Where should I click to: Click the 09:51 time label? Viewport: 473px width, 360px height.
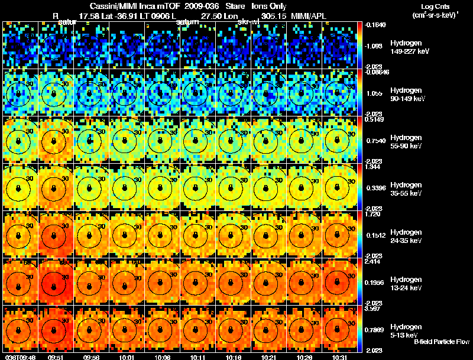[x=56, y=357]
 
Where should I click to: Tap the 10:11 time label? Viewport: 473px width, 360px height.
[x=198, y=357]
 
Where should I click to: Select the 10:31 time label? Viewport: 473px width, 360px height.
[x=340, y=357]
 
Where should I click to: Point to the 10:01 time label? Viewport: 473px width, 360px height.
[x=127, y=357]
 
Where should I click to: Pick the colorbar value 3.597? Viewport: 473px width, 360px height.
[x=372, y=309]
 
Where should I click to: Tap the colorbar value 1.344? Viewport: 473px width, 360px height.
[x=372, y=167]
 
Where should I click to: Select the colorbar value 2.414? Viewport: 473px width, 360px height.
[x=372, y=262]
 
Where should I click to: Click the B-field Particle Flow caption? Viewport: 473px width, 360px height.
[x=442, y=342]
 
